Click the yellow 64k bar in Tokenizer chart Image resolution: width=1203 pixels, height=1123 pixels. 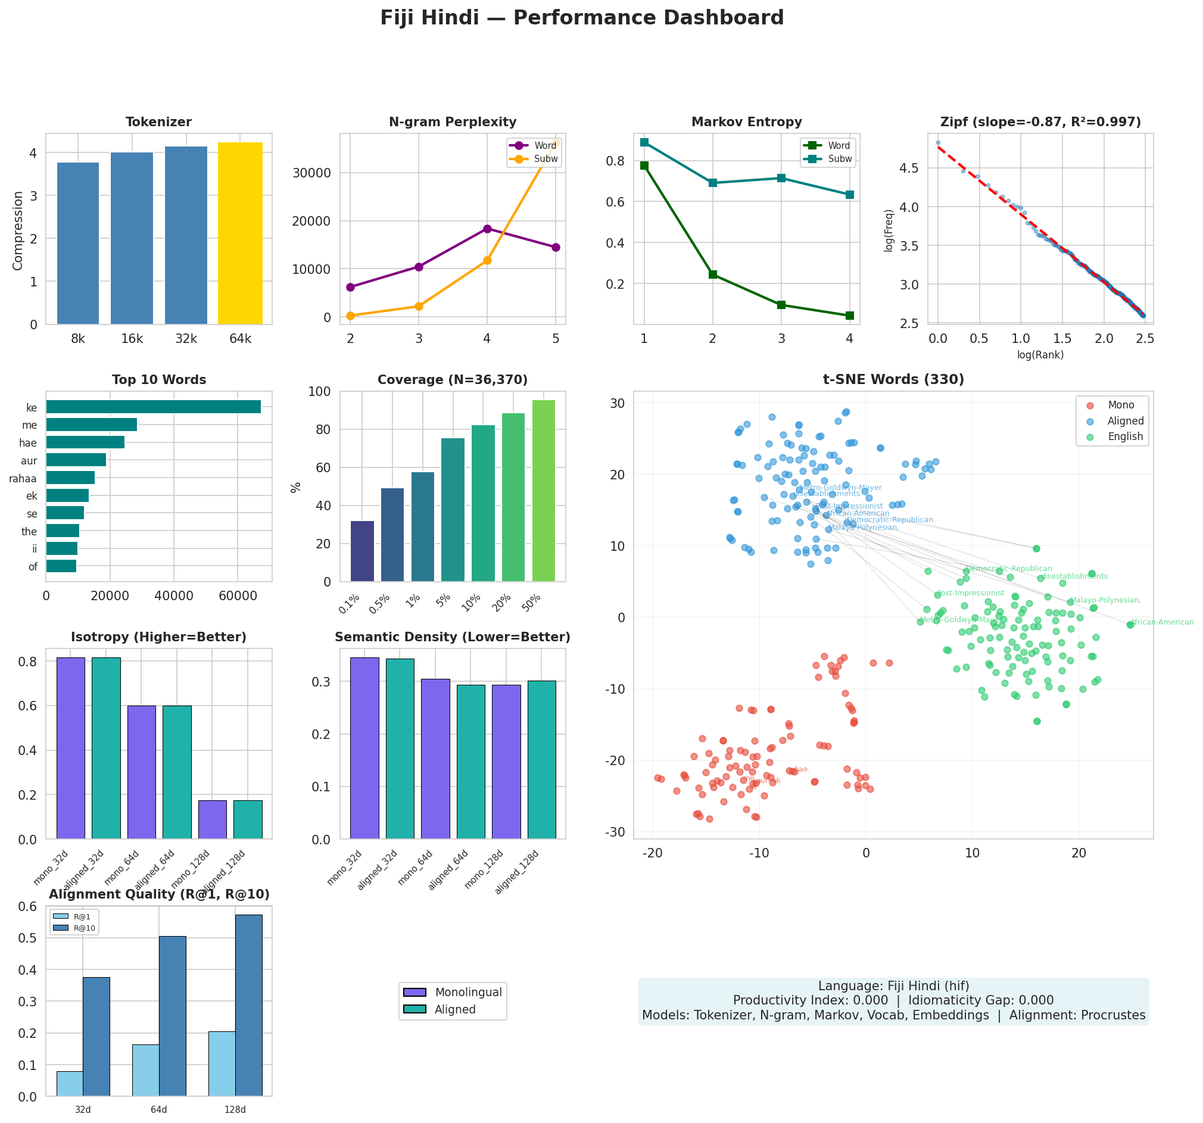[x=240, y=233]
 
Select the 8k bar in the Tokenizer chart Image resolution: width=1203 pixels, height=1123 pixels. [x=78, y=243]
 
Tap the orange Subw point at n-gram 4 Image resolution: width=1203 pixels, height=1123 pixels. [x=487, y=261]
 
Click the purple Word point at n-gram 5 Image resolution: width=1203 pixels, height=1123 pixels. [x=556, y=248]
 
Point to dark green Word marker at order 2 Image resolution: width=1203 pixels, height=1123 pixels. [x=713, y=274]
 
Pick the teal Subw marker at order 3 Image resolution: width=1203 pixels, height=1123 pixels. [x=781, y=178]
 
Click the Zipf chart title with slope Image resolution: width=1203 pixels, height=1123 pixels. [x=1040, y=123]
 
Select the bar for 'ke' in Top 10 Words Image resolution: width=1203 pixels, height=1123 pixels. [x=153, y=407]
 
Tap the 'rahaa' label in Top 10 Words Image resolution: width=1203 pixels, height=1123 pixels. [x=23, y=479]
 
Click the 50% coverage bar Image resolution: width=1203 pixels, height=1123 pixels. [x=543, y=491]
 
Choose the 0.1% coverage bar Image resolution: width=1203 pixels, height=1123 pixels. [x=362, y=551]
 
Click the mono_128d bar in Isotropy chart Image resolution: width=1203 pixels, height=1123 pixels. [x=213, y=820]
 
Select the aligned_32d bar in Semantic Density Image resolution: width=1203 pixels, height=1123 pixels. [x=400, y=748]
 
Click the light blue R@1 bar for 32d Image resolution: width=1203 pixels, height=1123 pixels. [x=70, y=1084]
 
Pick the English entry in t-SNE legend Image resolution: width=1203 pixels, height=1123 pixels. [x=1125, y=437]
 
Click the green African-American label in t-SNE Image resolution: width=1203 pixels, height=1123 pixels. [x=1162, y=623]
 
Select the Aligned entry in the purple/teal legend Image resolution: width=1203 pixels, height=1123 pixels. [x=454, y=1010]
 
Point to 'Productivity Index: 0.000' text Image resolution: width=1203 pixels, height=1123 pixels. [x=811, y=1001]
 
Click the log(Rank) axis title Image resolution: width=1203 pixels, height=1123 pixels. [x=1040, y=355]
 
